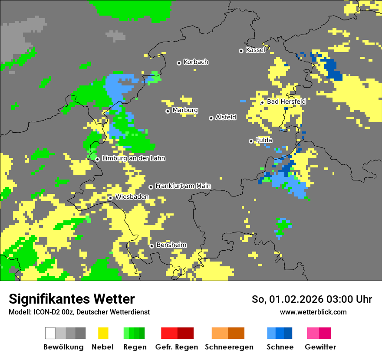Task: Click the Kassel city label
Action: click(255, 50)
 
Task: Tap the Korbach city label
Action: click(196, 62)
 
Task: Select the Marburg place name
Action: click(185, 110)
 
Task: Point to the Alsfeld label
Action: click(226, 117)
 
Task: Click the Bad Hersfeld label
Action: click(286, 101)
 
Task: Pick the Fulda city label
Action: click(264, 140)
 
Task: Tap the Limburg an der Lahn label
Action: click(133, 158)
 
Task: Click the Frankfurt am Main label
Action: click(183, 186)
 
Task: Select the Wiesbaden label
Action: click(132, 197)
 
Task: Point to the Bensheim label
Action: click(171, 245)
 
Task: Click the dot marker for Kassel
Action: click(241, 51)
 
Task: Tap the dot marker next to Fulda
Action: click(251, 141)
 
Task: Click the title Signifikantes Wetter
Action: click(72, 299)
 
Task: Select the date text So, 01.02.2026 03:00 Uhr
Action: click(312, 299)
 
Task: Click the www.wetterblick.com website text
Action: click(313, 312)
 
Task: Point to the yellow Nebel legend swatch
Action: click(103, 333)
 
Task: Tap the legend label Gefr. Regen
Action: click(177, 347)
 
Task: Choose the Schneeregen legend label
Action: click(229, 347)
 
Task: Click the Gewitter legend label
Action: click(320, 347)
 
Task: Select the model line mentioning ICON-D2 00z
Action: click(79, 312)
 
